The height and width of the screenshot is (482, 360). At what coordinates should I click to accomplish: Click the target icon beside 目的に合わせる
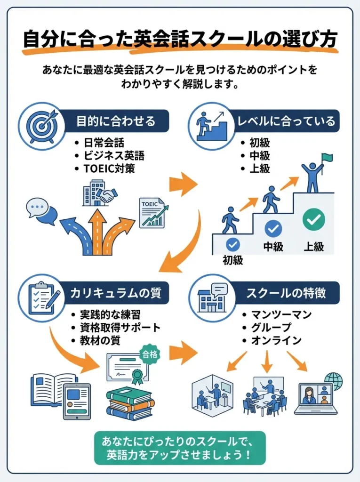41,125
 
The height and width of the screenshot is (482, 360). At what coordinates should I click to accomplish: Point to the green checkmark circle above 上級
314,219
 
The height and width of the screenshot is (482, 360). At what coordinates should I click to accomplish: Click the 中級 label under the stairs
273,246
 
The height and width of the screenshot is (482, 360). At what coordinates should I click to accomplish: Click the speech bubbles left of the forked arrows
41,211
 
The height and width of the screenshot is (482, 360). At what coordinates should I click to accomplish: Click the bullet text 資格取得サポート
120,328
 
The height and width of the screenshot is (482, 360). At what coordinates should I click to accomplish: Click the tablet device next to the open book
77,401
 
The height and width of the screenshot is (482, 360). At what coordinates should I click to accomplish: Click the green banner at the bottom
180,448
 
